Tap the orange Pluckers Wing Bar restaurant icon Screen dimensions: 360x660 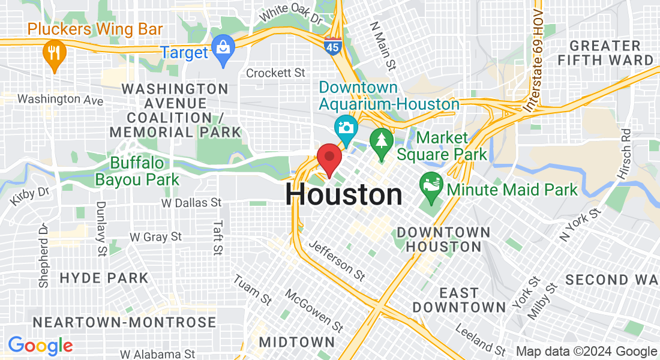[x=55, y=54]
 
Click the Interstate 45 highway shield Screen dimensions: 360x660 [x=332, y=45]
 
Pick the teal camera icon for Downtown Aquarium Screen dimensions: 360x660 [x=346, y=128]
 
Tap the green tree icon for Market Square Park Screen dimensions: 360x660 [x=381, y=142]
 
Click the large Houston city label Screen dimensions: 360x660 [x=344, y=195]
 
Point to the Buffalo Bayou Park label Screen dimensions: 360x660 [x=137, y=171]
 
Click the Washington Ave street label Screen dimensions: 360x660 [x=60, y=99]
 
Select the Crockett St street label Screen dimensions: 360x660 [x=276, y=73]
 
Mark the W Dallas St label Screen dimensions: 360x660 [x=191, y=203]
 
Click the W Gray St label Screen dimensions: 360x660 [x=155, y=237]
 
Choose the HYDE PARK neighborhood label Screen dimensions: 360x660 [x=104, y=278]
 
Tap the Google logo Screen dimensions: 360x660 [x=40, y=346]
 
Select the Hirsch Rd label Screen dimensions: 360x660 [x=625, y=153]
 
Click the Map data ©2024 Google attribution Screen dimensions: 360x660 [x=586, y=352]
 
